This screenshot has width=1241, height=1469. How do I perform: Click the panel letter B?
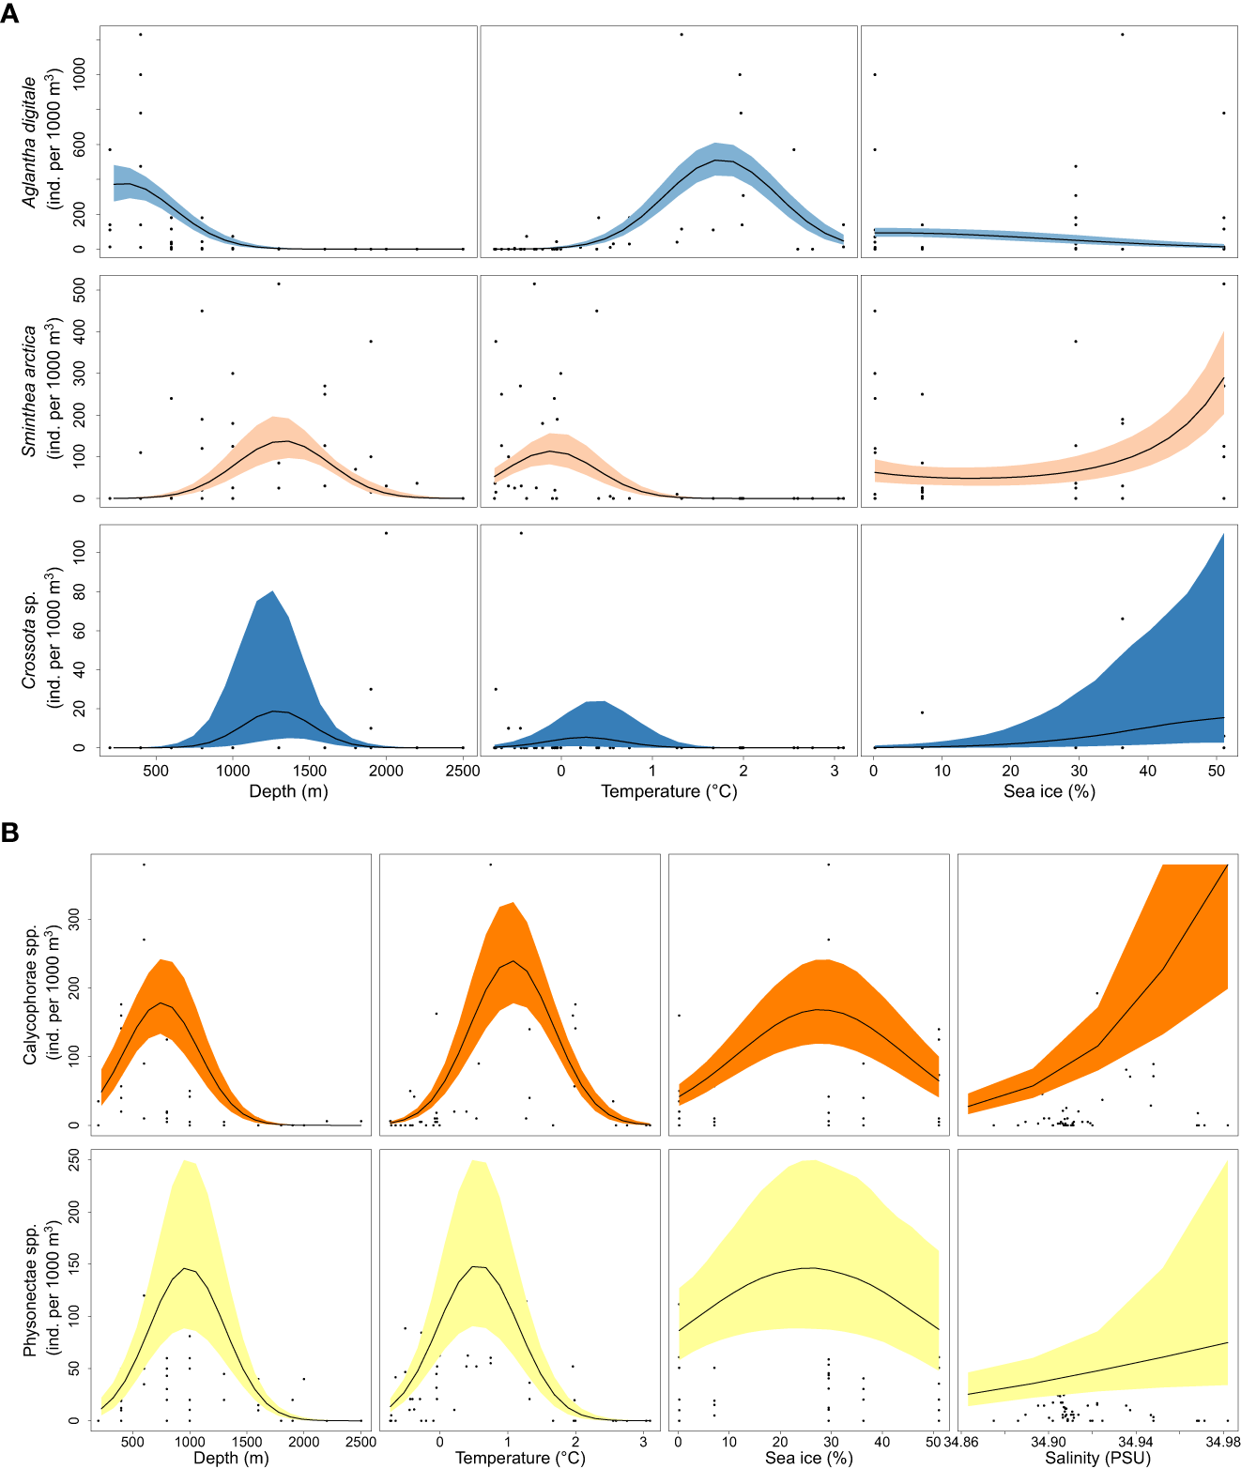(x=10, y=832)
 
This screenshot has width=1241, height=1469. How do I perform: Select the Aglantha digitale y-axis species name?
(x=30, y=141)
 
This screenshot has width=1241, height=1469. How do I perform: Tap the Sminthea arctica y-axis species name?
(x=30, y=390)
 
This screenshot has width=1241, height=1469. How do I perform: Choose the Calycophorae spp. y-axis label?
(x=30, y=995)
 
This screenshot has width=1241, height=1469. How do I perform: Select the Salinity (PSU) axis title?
(x=1097, y=1458)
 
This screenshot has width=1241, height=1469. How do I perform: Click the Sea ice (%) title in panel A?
(x=1049, y=791)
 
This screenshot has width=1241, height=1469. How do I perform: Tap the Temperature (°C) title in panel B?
(x=520, y=1458)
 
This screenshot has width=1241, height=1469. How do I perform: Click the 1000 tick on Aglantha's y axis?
(x=79, y=74)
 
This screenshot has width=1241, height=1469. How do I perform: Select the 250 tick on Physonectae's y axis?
(x=72, y=1160)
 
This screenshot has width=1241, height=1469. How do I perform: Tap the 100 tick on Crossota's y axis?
(x=79, y=552)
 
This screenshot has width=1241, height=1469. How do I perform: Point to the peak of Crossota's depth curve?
(x=272, y=712)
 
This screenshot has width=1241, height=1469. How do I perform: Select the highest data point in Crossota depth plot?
(x=386, y=533)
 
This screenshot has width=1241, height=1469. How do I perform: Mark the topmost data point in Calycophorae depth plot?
(x=144, y=865)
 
